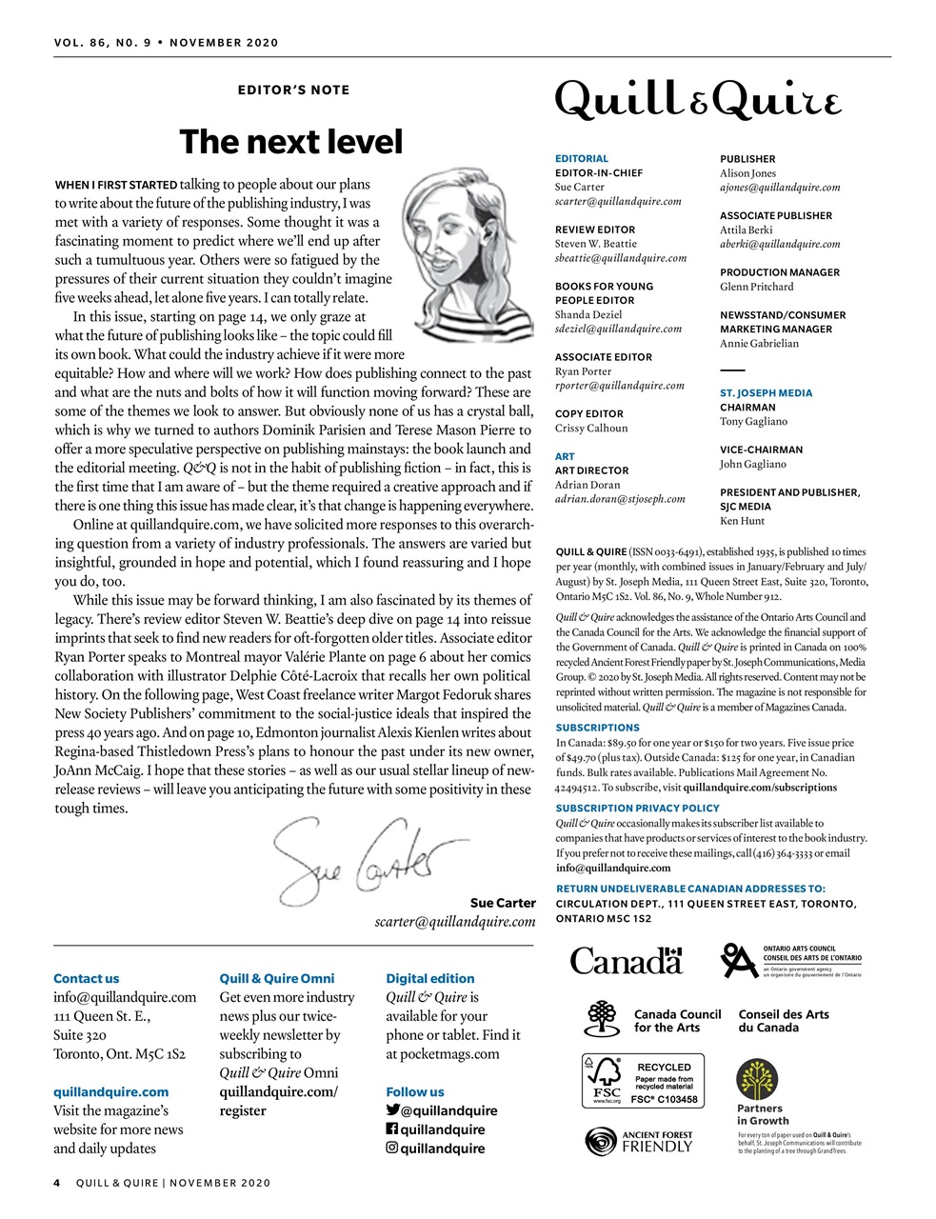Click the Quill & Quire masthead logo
(698, 100)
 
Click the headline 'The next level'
(291, 142)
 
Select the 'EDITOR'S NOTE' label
(293, 90)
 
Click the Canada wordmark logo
(627, 960)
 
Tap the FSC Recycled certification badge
(643, 1080)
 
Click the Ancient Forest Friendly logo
(638, 1141)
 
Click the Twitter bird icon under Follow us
(392, 1110)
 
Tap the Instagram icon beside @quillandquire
(391, 1148)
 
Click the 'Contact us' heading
(87, 978)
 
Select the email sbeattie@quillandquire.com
(621, 258)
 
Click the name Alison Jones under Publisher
(747, 173)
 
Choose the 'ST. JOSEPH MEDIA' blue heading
(766, 392)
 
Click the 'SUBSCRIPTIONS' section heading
(597, 728)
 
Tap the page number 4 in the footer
(57, 1183)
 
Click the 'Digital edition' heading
(429, 978)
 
